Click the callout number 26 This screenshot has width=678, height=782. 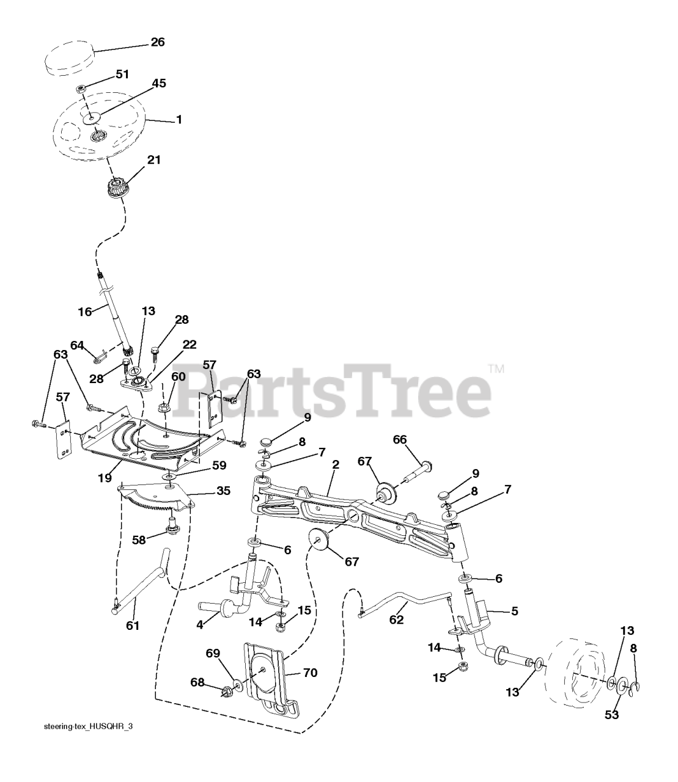pyautogui.click(x=158, y=42)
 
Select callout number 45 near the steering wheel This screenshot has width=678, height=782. pyautogui.click(x=158, y=83)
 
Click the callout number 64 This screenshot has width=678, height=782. pyautogui.click(x=77, y=345)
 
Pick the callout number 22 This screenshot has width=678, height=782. pyautogui.click(x=172, y=346)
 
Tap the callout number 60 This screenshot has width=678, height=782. pyautogui.click(x=178, y=376)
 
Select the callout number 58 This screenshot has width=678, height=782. pyautogui.click(x=139, y=539)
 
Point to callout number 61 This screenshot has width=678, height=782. pyautogui.click(x=133, y=625)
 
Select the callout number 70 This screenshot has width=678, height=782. pyautogui.click(x=310, y=673)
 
